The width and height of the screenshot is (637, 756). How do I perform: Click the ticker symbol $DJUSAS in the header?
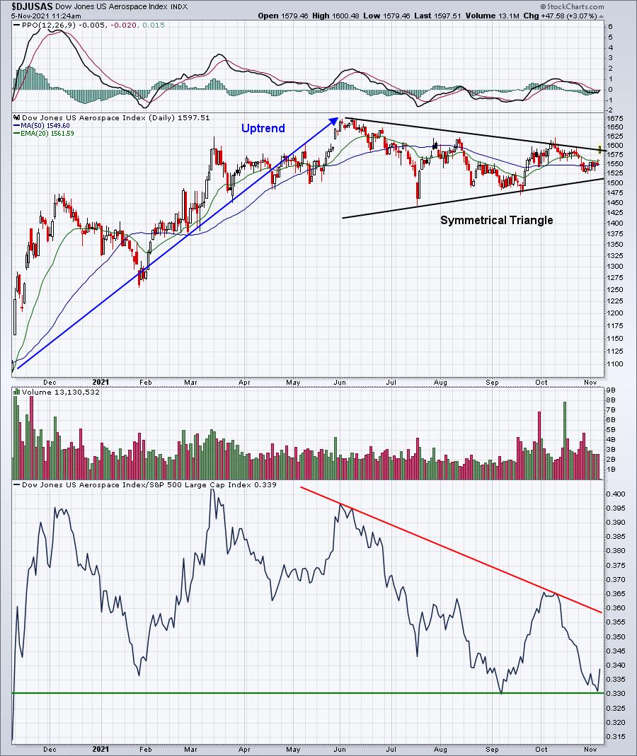pyautogui.click(x=32, y=6)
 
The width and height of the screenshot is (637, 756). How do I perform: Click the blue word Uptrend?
pyautogui.click(x=263, y=128)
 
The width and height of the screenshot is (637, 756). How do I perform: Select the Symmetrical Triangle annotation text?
pyautogui.click(x=496, y=220)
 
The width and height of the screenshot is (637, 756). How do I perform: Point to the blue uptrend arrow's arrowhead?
pyautogui.click(x=334, y=122)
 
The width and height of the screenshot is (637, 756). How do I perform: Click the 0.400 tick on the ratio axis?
pyautogui.click(x=616, y=494)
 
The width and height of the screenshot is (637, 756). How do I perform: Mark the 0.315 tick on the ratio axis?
pyautogui.click(x=616, y=736)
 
